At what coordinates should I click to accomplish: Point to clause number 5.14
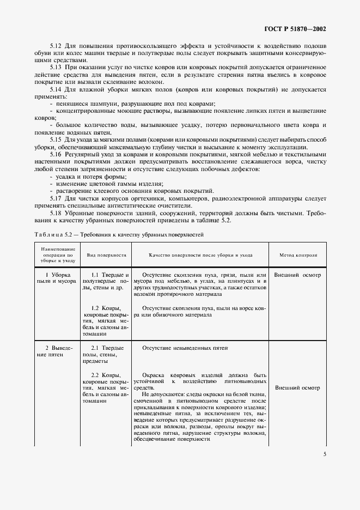coord(56,89)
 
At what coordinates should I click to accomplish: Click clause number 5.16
coord(56,155)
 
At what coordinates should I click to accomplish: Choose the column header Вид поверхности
coord(106,254)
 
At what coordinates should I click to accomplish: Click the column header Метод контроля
coord(298,254)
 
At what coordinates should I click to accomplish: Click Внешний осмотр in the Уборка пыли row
coord(298,275)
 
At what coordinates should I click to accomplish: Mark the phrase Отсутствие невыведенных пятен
coord(184,348)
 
